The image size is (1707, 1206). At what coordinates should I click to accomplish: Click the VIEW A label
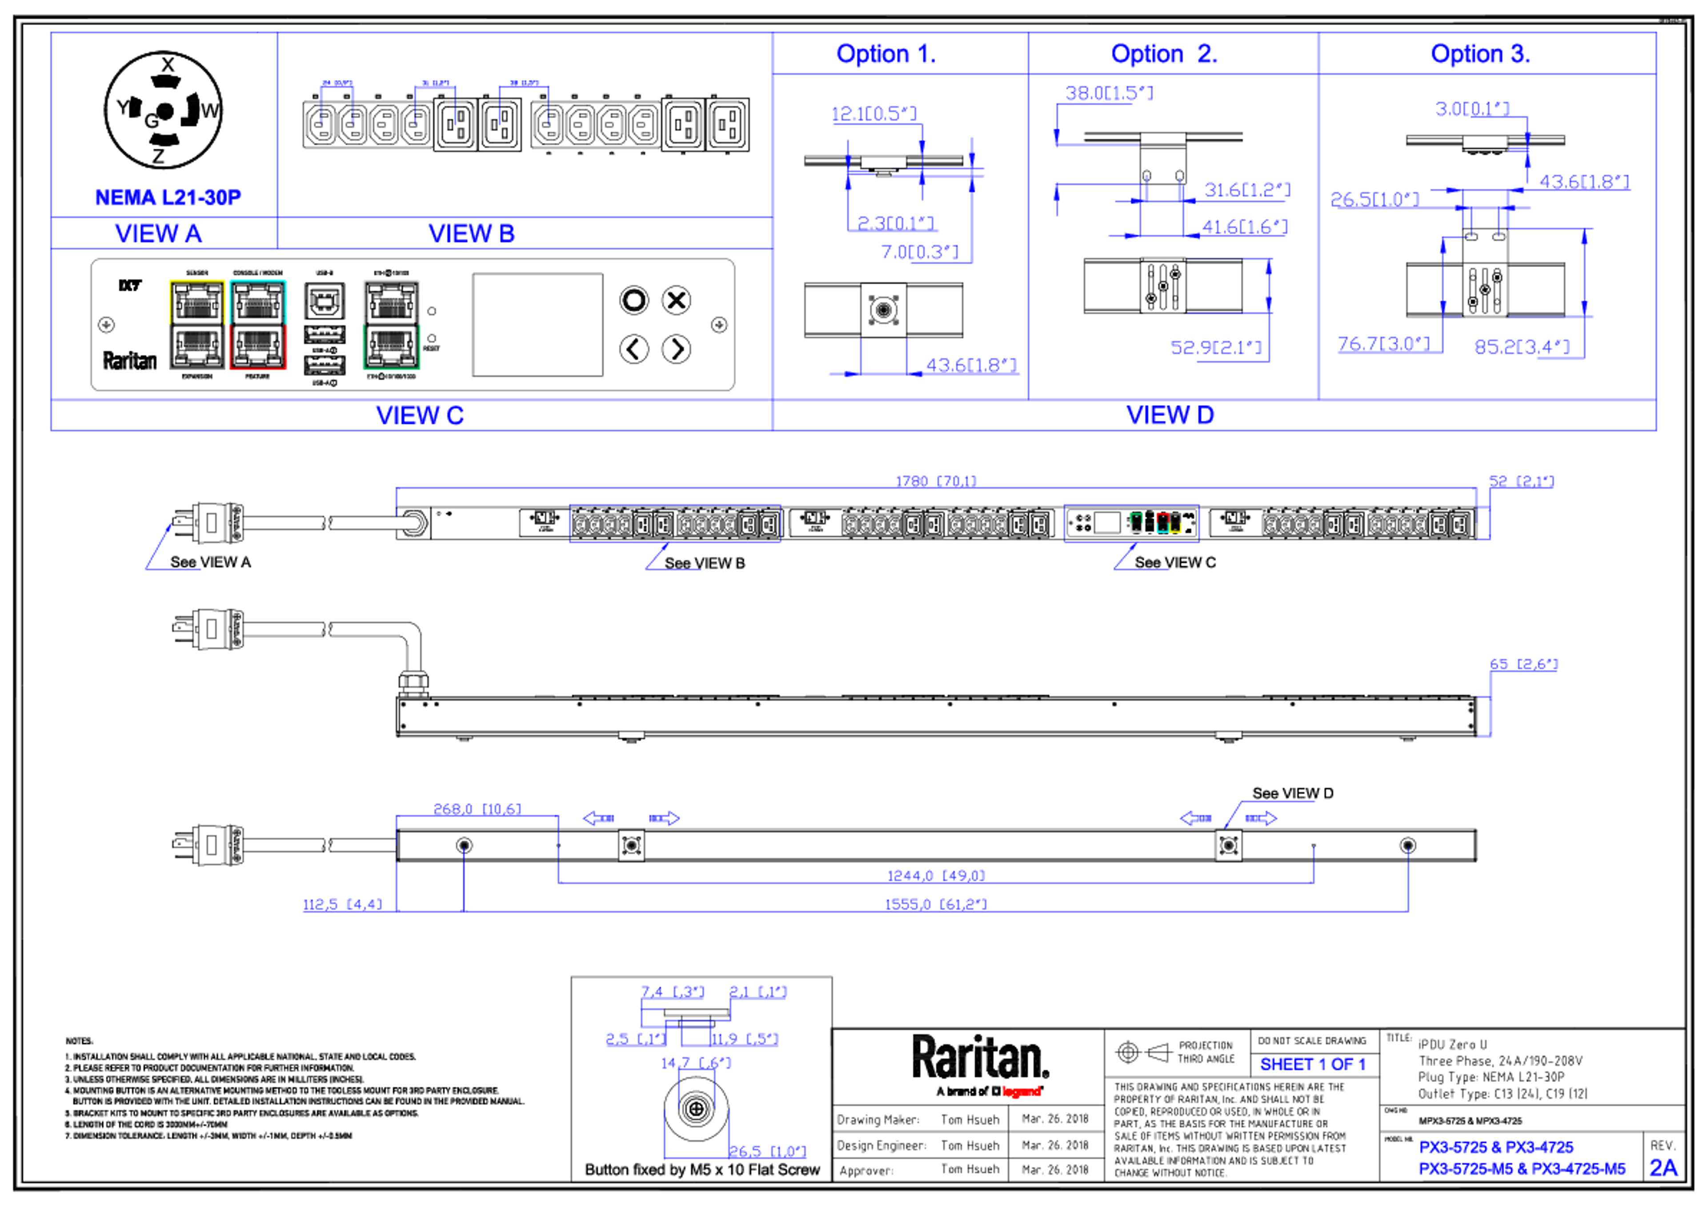point(158,233)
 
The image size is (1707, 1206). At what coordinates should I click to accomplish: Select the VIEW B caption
point(471,233)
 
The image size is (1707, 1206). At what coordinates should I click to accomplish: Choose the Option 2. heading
point(1163,53)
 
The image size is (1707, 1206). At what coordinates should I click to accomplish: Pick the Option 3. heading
point(1479,53)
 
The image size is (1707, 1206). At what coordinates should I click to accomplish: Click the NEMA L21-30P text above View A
point(169,197)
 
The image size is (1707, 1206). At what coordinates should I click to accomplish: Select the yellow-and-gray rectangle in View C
point(197,324)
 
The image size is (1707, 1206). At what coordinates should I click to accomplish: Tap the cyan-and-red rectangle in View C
point(258,324)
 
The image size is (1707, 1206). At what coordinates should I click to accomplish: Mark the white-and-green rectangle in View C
point(391,324)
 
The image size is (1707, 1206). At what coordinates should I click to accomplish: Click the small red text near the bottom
point(1022,1091)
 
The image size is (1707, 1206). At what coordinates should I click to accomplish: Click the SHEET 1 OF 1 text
point(1312,1065)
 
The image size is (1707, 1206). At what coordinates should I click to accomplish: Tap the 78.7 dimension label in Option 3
point(1383,345)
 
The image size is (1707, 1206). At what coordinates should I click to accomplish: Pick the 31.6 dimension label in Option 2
point(1247,190)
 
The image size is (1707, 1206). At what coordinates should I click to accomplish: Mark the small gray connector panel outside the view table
point(1131,523)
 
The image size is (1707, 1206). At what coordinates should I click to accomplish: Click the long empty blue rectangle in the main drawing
point(674,524)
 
